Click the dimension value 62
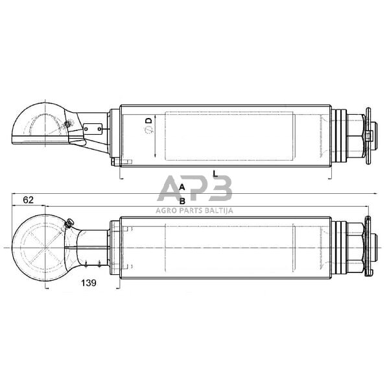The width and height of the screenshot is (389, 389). [28, 200]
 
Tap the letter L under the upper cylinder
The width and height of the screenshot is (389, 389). [215, 174]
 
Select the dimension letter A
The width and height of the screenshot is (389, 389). [182, 187]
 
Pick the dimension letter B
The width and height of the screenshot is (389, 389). [182, 200]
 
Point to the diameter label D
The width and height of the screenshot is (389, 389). [148, 121]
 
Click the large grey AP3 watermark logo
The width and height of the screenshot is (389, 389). [194, 189]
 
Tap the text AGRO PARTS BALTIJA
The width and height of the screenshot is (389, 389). [194, 209]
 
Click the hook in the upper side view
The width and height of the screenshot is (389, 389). [39, 124]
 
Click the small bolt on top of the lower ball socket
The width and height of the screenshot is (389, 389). [68, 224]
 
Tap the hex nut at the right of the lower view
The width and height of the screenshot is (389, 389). [355, 248]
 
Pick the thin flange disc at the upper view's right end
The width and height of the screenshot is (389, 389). [368, 136]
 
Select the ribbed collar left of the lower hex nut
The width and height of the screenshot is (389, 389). [338, 248]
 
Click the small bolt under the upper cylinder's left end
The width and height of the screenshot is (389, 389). [114, 162]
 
